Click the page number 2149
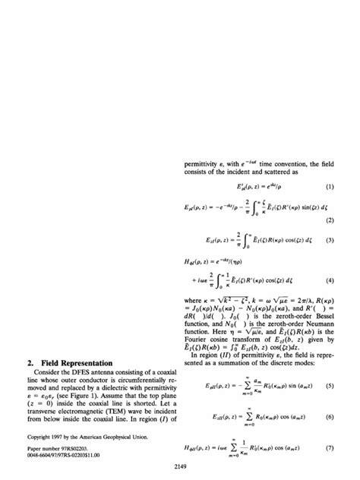(x=179, y=464)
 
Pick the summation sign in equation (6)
(x=242, y=417)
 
